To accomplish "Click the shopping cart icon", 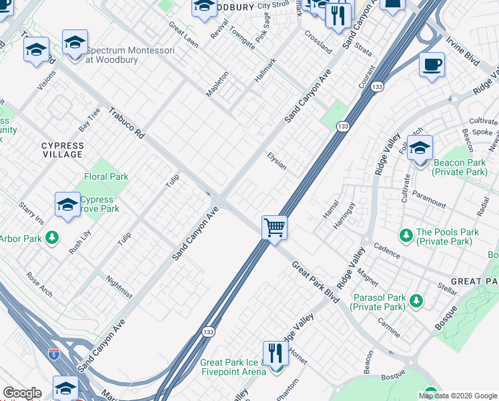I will [274, 227].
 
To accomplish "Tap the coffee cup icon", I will [432, 65].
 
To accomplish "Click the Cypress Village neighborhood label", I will [63, 150].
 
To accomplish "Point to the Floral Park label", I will [106, 177].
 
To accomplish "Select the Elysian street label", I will [276, 160].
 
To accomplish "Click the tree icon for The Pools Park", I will [405, 235].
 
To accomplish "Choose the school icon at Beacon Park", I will [420, 148].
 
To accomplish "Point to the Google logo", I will [22, 393].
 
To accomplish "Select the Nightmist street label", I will [119, 287].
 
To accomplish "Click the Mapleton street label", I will [217, 84].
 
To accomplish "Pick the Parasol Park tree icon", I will [416, 300].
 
